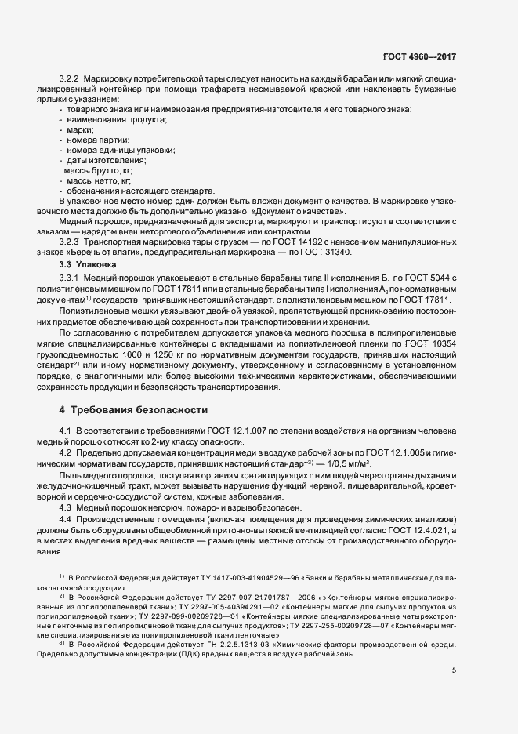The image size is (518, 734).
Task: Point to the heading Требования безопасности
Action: pyautogui.click(x=138, y=410)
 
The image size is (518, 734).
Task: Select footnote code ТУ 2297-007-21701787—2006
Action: pyautogui.click(x=232, y=595)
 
